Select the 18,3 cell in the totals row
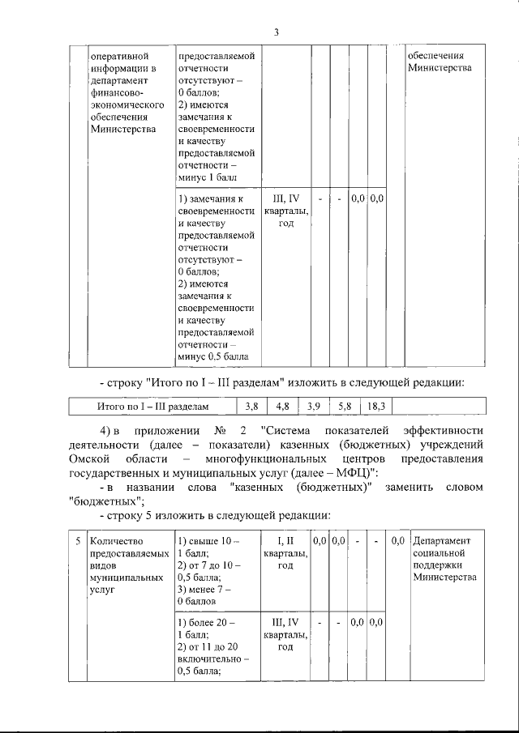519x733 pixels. click(377, 406)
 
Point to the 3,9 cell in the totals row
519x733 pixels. click(314, 406)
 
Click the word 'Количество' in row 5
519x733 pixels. click(117, 540)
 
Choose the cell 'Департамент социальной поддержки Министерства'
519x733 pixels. click(446, 559)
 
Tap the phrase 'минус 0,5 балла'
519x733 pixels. click(214, 357)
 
